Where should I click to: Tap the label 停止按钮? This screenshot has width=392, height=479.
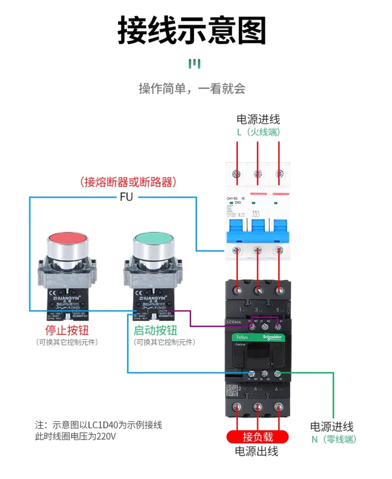click(67, 330)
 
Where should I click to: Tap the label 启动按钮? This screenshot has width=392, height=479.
click(155, 330)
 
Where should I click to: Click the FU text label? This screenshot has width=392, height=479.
click(126, 197)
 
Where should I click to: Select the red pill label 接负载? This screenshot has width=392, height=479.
click(258, 437)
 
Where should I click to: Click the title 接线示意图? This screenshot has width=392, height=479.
click(192, 30)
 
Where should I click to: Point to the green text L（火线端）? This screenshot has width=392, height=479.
click(258, 132)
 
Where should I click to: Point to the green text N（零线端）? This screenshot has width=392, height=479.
click(333, 439)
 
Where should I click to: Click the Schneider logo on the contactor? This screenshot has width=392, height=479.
click(272, 338)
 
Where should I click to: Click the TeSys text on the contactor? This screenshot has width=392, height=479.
click(242, 337)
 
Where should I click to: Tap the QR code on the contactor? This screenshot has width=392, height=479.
click(232, 390)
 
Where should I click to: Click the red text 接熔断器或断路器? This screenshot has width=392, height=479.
click(128, 182)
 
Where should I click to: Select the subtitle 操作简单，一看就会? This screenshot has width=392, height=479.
click(192, 88)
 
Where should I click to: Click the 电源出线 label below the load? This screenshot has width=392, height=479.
click(257, 451)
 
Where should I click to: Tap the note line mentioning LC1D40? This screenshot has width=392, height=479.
click(98, 425)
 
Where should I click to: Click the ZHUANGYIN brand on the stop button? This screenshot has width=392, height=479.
click(65, 298)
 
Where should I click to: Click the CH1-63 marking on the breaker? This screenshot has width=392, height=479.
click(232, 198)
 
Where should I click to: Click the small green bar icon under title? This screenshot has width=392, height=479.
click(194, 64)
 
